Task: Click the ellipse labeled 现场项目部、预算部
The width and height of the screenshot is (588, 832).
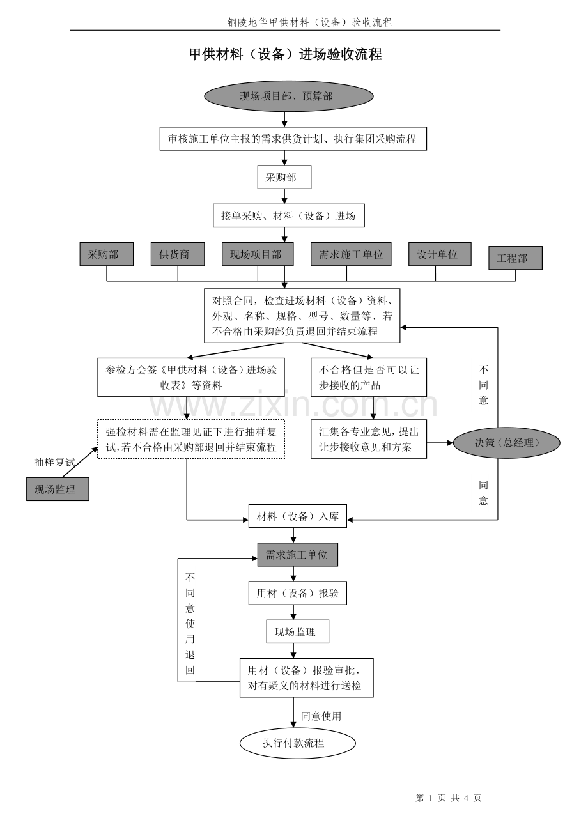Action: [x=288, y=96]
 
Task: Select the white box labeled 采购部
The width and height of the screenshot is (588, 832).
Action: [x=284, y=177]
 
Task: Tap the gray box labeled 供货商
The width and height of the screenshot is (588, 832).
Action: [x=178, y=254]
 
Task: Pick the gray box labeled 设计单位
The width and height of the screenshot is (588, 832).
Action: [x=440, y=254]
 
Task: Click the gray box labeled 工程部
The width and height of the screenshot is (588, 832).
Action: [x=514, y=258]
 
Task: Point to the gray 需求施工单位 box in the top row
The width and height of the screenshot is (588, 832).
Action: [x=351, y=254]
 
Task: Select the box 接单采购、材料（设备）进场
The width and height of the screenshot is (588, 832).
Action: [x=288, y=215]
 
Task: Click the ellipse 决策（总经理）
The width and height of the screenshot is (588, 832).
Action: [x=506, y=442]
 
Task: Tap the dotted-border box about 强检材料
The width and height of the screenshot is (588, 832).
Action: [x=191, y=439]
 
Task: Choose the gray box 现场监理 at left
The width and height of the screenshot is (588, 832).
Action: [x=58, y=489]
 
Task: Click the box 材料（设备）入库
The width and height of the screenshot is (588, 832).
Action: [x=297, y=516]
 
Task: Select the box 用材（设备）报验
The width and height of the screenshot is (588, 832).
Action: [x=297, y=592]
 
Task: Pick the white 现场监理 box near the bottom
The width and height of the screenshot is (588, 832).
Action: [x=297, y=631]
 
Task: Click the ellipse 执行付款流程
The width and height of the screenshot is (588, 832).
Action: [x=297, y=743]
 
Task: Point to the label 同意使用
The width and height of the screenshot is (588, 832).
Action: [x=321, y=716]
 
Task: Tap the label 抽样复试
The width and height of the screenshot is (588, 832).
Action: [x=54, y=462]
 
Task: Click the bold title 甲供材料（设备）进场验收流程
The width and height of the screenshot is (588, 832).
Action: [x=285, y=54]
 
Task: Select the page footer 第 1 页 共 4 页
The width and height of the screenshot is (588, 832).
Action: [x=448, y=797]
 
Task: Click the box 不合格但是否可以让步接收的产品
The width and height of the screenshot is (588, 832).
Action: [x=368, y=377]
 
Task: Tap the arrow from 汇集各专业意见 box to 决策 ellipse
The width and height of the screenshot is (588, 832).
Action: [x=440, y=442]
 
